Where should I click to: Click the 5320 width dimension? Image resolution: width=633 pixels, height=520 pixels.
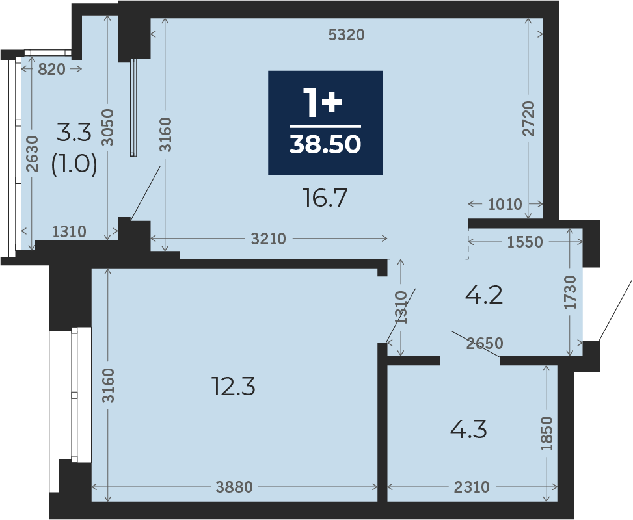[x=346, y=34]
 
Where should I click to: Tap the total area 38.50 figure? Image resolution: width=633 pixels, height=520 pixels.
[x=325, y=144]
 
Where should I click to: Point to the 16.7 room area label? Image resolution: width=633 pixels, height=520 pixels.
[x=325, y=198]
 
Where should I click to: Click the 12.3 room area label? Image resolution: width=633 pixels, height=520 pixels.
[x=234, y=387]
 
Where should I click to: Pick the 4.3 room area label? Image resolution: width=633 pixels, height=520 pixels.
[x=468, y=429]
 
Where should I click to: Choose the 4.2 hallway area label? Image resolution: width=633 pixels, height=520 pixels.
[x=483, y=295]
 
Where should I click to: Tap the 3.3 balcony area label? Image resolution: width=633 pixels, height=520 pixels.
[x=74, y=133]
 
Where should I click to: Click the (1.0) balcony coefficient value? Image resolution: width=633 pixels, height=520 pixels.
[x=74, y=164]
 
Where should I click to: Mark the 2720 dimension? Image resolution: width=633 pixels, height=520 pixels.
[x=528, y=118]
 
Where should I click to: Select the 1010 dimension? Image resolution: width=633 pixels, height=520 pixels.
[x=505, y=205]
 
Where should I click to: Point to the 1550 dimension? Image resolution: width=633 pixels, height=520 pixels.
[x=525, y=242]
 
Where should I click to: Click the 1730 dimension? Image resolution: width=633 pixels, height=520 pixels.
[x=570, y=292]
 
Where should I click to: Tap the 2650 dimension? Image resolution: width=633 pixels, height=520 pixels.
[x=485, y=343]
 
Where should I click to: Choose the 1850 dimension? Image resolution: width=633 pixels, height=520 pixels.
[x=546, y=434]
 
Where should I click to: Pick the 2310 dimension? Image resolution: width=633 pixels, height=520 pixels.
[x=472, y=487]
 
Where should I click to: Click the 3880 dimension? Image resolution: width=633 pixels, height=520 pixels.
[x=234, y=487]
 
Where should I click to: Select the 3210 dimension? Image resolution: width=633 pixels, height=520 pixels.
[x=268, y=239]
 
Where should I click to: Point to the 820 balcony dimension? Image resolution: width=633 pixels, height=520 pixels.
[x=51, y=70]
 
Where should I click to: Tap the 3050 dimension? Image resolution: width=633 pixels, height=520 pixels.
[x=108, y=127]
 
